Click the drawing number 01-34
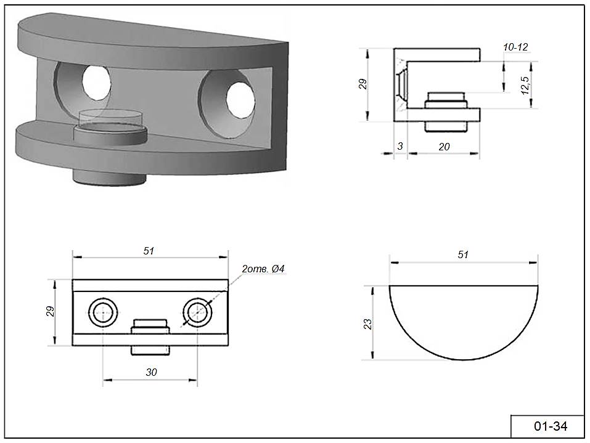550,426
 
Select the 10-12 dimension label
515,47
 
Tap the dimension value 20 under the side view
444,146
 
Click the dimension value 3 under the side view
401,146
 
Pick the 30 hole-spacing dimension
151,372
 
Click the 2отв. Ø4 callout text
263,269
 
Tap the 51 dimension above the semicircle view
464,254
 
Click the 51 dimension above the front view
149,250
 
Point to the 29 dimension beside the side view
363,84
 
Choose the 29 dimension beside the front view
51,312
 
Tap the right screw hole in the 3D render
237,98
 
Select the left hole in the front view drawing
103,312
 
